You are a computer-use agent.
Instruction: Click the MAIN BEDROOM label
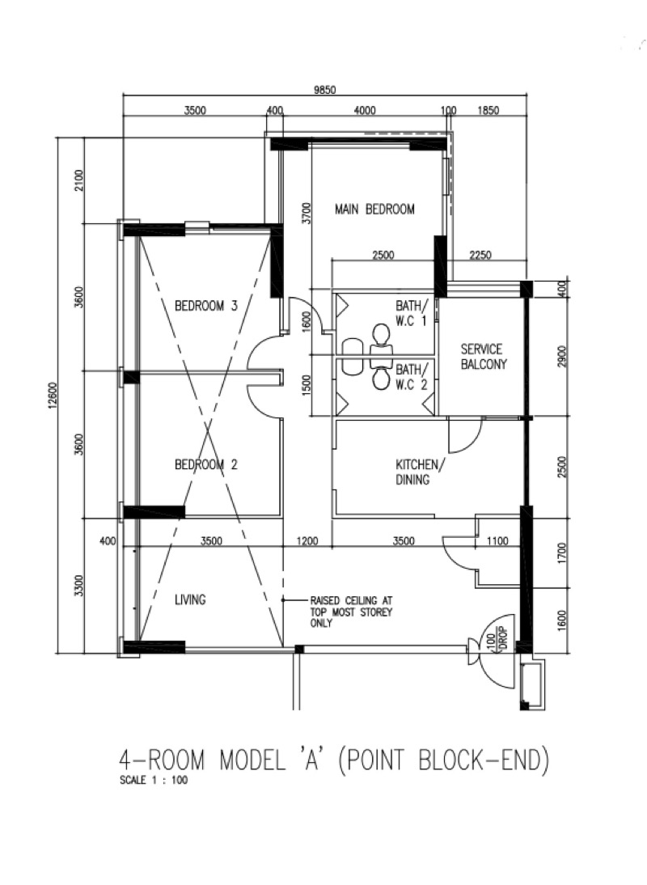click(x=374, y=210)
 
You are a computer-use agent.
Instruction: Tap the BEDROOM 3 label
click(x=206, y=306)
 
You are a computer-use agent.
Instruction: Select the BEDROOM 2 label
click(x=206, y=465)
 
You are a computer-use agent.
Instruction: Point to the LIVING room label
click(x=190, y=600)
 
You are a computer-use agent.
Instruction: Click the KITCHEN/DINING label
click(x=417, y=472)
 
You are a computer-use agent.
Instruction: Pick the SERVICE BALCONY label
click(x=482, y=357)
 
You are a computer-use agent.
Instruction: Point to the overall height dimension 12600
click(x=54, y=395)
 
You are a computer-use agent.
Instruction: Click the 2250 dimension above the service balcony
click(x=480, y=256)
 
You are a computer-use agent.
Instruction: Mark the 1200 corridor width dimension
click(x=307, y=541)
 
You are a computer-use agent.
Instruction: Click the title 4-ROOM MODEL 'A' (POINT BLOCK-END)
click(x=334, y=760)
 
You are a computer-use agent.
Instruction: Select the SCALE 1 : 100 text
click(x=153, y=782)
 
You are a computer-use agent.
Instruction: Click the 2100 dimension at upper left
click(x=78, y=180)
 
